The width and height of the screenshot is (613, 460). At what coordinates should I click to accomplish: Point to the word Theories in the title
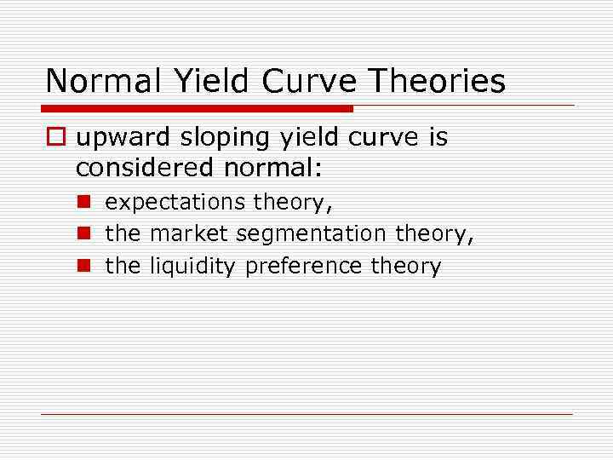pos(444,81)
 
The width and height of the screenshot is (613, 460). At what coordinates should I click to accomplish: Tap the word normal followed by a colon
pos(273,167)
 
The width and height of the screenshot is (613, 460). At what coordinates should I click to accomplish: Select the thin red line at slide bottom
pos(307,414)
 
